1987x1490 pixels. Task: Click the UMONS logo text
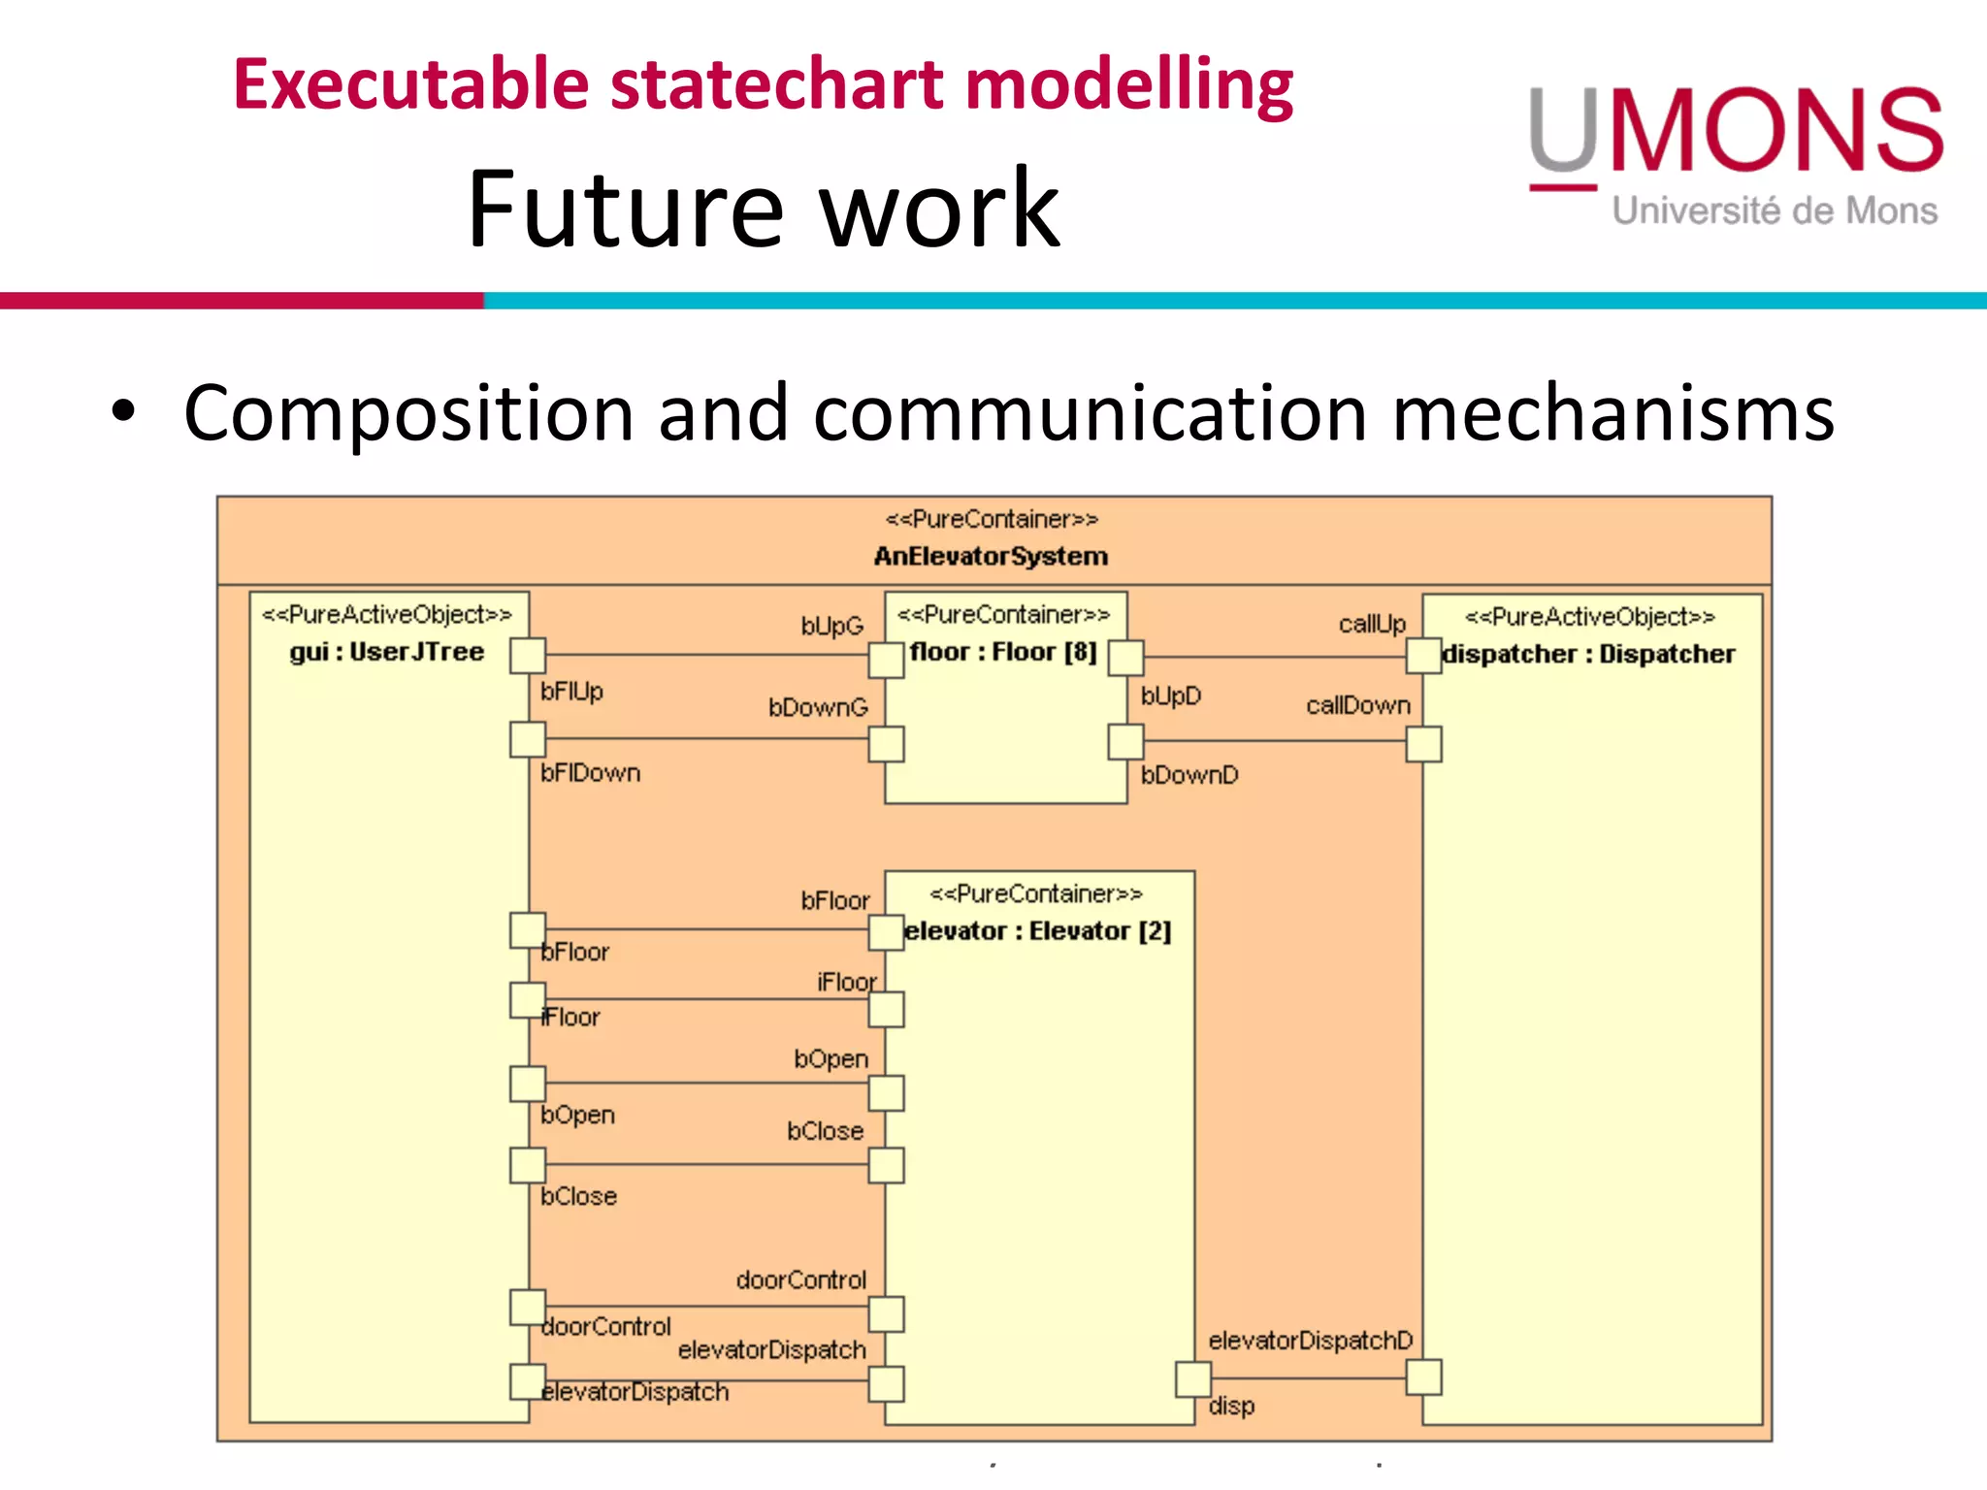pyautogui.click(x=1737, y=131)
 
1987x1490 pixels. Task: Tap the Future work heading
pyautogui.click(x=764, y=209)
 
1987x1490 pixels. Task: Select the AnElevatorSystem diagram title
pyautogui.click(x=991, y=557)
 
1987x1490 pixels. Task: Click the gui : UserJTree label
pyautogui.click(x=386, y=652)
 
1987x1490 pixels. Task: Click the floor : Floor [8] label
pyautogui.click(x=1003, y=652)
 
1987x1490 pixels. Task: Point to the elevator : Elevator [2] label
pyautogui.click(x=1037, y=931)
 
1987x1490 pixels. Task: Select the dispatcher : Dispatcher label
pyautogui.click(x=1588, y=655)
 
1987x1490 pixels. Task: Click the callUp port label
pyautogui.click(x=1372, y=624)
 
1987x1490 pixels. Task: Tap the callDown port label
pyautogui.click(x=1357, y=705)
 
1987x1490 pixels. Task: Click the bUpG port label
pyautogui.click(x=831, y=626)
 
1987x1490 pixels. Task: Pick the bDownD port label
pyautogui.click(x=1189, y=775)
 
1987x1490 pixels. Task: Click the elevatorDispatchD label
pyautogui.click(x=1310, y=1341)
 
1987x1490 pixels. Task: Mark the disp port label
pyautogui.click(x=1231, y=1406)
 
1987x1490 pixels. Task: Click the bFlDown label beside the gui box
pyautogui.click(x=591, y=773)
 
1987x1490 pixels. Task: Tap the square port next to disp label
pyautogui.click(x=1193, y=1378)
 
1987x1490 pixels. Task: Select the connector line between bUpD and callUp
pyautogui.click(x=1275, y=657)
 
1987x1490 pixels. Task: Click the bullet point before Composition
pyautogui.click(x=123, y=411)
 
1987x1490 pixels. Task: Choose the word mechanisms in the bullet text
pyautogui.click(x=1612, y=413)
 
